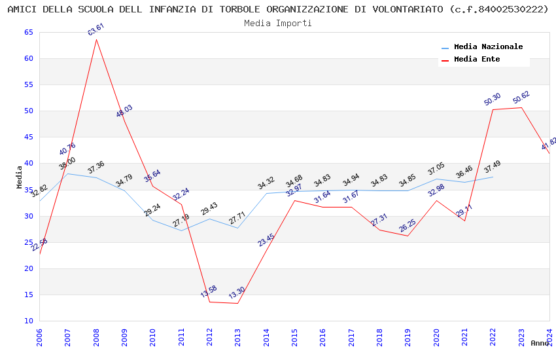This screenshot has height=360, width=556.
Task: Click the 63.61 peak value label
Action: (x=96, y=29)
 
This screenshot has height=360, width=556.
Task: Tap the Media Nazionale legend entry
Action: (x=488, y=46)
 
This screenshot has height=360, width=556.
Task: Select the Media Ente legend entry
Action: (x=477, y=59)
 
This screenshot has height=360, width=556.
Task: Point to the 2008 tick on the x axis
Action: (x=96, y=337)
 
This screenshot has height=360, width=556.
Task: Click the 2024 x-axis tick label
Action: (x=549, y=337)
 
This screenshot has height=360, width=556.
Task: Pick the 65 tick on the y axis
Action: (x=28, y=33)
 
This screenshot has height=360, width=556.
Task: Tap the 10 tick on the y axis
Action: (x=28, y=321)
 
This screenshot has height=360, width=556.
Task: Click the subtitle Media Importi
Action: (x=278, y=23)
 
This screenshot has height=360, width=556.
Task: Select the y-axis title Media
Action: (x=19, y=177)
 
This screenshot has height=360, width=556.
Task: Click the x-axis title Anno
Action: (x=540, y=343)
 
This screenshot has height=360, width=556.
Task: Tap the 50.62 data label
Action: (x=521, y=98)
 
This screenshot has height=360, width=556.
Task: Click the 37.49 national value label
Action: (x=493, y=167)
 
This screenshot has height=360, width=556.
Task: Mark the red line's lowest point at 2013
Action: (x=237, y=303)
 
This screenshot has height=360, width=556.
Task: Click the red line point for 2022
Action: (x=493, y=109)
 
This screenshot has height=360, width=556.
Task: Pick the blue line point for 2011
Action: (x=181, y=230)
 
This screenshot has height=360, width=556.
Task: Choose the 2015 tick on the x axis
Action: (x=294, y=337)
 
